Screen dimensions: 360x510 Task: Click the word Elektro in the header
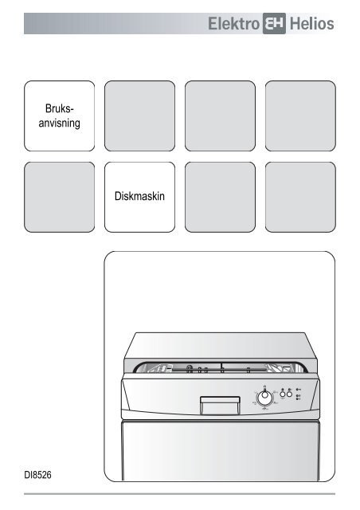233,24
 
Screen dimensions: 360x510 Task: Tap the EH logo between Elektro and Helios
274,23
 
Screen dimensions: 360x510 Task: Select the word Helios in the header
311,24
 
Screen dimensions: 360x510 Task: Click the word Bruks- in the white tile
60,108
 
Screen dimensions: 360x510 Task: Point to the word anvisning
60,123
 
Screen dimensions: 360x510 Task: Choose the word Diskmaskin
139,196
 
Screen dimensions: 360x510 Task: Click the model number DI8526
37,475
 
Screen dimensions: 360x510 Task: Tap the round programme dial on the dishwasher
264,397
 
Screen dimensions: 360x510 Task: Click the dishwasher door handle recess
220,406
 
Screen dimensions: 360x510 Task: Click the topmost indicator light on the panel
297,390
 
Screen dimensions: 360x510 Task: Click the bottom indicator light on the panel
297,398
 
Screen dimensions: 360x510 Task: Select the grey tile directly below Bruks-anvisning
60,197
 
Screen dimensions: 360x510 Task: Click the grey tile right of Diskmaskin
220,197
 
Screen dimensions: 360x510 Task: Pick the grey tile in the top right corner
300,116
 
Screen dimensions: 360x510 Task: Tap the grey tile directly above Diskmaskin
140,116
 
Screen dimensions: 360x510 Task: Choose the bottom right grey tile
300,197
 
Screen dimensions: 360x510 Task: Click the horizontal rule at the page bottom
179,494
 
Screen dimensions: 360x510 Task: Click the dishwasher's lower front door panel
221,450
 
